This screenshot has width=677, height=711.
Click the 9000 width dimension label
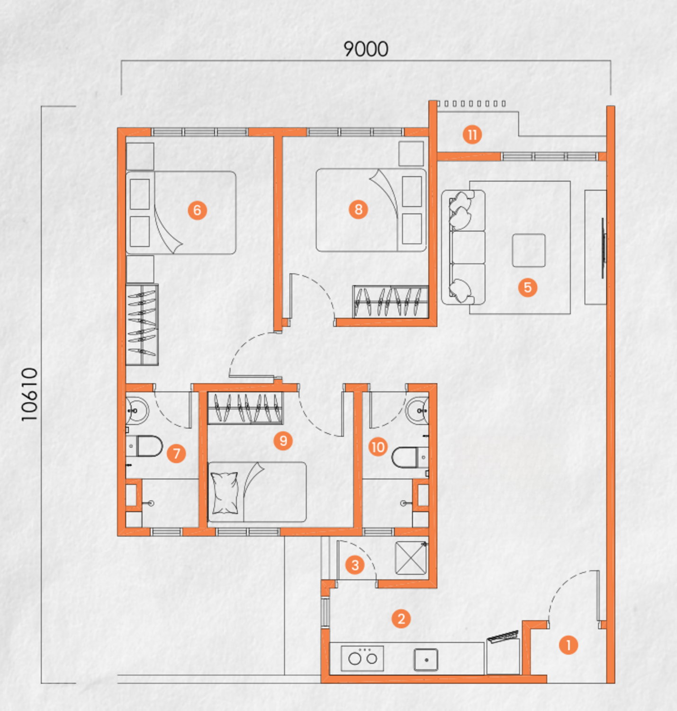pyautogui.click(x=366, y=49)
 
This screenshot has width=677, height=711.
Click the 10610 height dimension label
pyautogui.click(x=30, y=394)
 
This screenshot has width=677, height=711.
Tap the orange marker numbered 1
pyautogui.click(x=568, y=645)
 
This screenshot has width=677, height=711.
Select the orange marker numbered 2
pyautogui.click(x=401, y=619)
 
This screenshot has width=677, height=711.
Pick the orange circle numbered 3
pyautogui.click(x=355, y=565)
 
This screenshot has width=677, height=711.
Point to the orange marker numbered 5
pyautogui.click(x=527, y=287)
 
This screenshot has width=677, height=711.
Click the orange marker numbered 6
pyautogui.click(x=197, y=210)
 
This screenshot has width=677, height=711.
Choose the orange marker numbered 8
pyautogui.click(x=358, y=209)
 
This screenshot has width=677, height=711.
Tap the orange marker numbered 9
pyautogui.click(x=283, y=441)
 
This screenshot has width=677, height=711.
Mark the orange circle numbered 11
pyautogui.click(x=472, y=135)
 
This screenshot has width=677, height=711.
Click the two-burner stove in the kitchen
pyautogui.click(x=362, y=658)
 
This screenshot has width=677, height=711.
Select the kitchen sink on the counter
pyautogui.click(x=426, y=659)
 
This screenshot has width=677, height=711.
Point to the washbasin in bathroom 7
pyautogui.click(x=135, y=410)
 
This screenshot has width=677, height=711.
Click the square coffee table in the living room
pyautogui.click(x=528, y=250)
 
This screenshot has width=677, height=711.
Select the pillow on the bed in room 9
pyautogui.click(x=225, y=493)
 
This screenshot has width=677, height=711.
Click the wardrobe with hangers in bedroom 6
pyautogui.click(x=142, y=325)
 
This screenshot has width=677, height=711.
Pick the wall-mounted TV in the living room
pyautogui.click(x=603, y=248)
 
